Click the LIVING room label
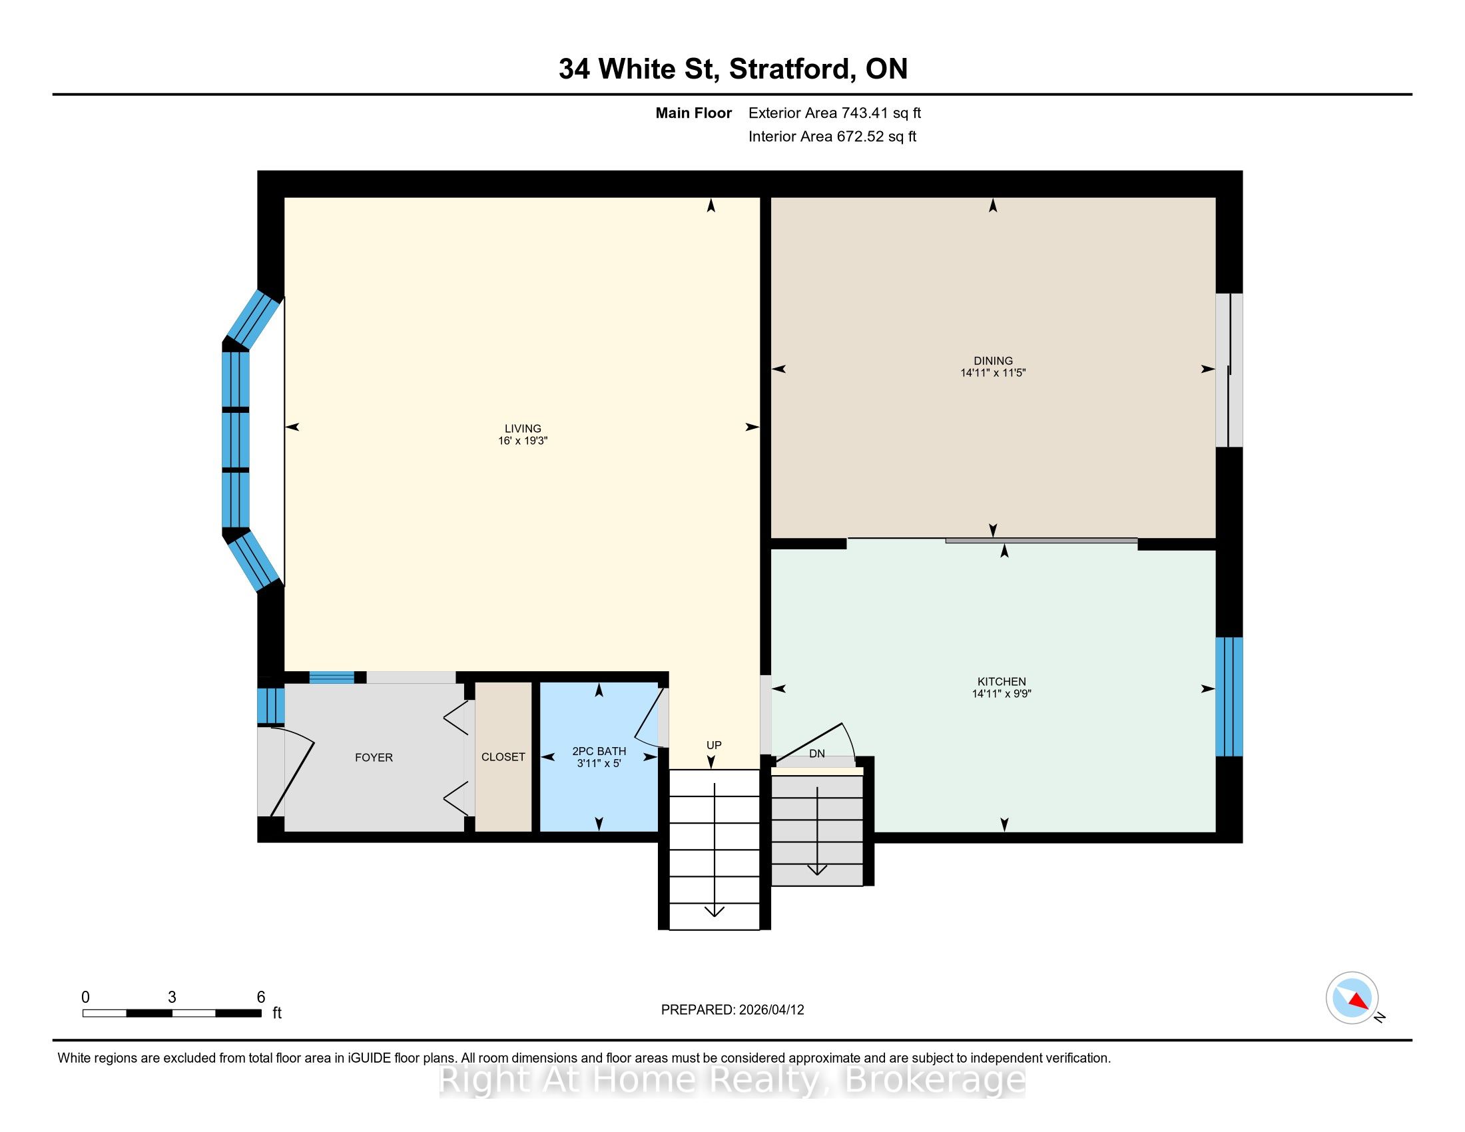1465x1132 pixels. click(523, 429)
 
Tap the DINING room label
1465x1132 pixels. click(993, 361)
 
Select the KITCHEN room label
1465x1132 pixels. click(1002, 681)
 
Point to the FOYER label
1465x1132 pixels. click(374, 757)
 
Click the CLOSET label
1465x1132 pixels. click(503, 756)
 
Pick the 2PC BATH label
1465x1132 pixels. click(599, 751)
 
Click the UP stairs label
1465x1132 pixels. click(714, 745)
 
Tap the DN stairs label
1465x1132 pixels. click(816, 754)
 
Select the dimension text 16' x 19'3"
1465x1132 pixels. click(523, 441)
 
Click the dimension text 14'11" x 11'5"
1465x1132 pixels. click(993, 373)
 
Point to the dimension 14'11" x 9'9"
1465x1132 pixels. click(1002, 693)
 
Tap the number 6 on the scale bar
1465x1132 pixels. click(261, 997)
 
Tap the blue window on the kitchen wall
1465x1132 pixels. click(1229, 696)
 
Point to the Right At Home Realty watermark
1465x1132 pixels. click(732, 1079)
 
